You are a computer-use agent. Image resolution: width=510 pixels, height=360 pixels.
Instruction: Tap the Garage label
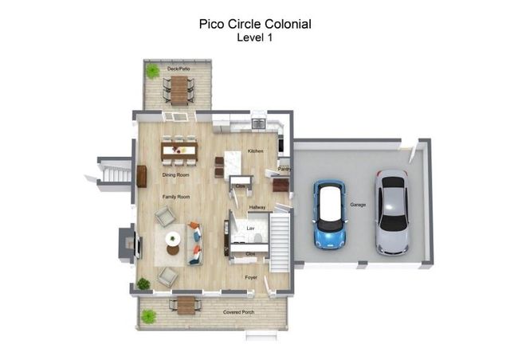358,205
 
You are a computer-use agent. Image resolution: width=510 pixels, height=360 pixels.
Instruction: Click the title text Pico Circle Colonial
254,24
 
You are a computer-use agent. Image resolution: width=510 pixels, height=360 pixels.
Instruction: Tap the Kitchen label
255,151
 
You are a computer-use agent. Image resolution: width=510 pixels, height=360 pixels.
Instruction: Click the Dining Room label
175,174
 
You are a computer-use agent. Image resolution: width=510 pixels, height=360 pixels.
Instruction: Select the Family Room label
176,196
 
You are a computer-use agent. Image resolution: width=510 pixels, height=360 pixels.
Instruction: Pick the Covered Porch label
238,311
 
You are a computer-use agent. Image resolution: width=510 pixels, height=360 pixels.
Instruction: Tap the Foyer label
251,278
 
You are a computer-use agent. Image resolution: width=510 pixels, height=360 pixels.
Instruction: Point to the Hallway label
257,207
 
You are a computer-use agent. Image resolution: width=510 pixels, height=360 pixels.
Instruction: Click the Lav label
249,229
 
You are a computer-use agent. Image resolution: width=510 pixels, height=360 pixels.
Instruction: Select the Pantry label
283,169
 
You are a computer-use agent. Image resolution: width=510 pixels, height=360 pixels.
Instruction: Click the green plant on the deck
152,72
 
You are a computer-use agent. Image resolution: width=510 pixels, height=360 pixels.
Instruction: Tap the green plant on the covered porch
148,316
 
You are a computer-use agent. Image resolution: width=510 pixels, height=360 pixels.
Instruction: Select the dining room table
179,149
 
